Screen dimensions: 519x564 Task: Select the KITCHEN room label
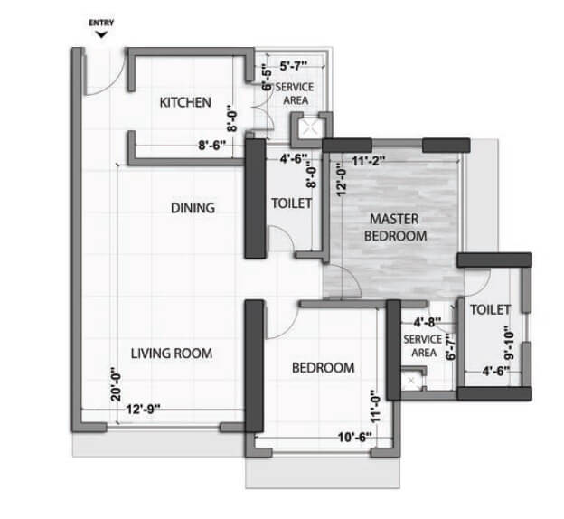(x=185, y=102)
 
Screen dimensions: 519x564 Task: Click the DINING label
(x=193, y=208)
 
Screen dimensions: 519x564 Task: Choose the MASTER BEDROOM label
(x=394, y=227)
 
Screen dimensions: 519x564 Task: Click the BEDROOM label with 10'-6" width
(x=323, y=368)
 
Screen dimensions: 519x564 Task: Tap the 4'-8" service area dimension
(x=425, y=321)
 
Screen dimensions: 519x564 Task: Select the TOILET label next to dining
(x=291, y=203)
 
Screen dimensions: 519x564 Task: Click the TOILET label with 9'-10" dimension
(x=490, y=309)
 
